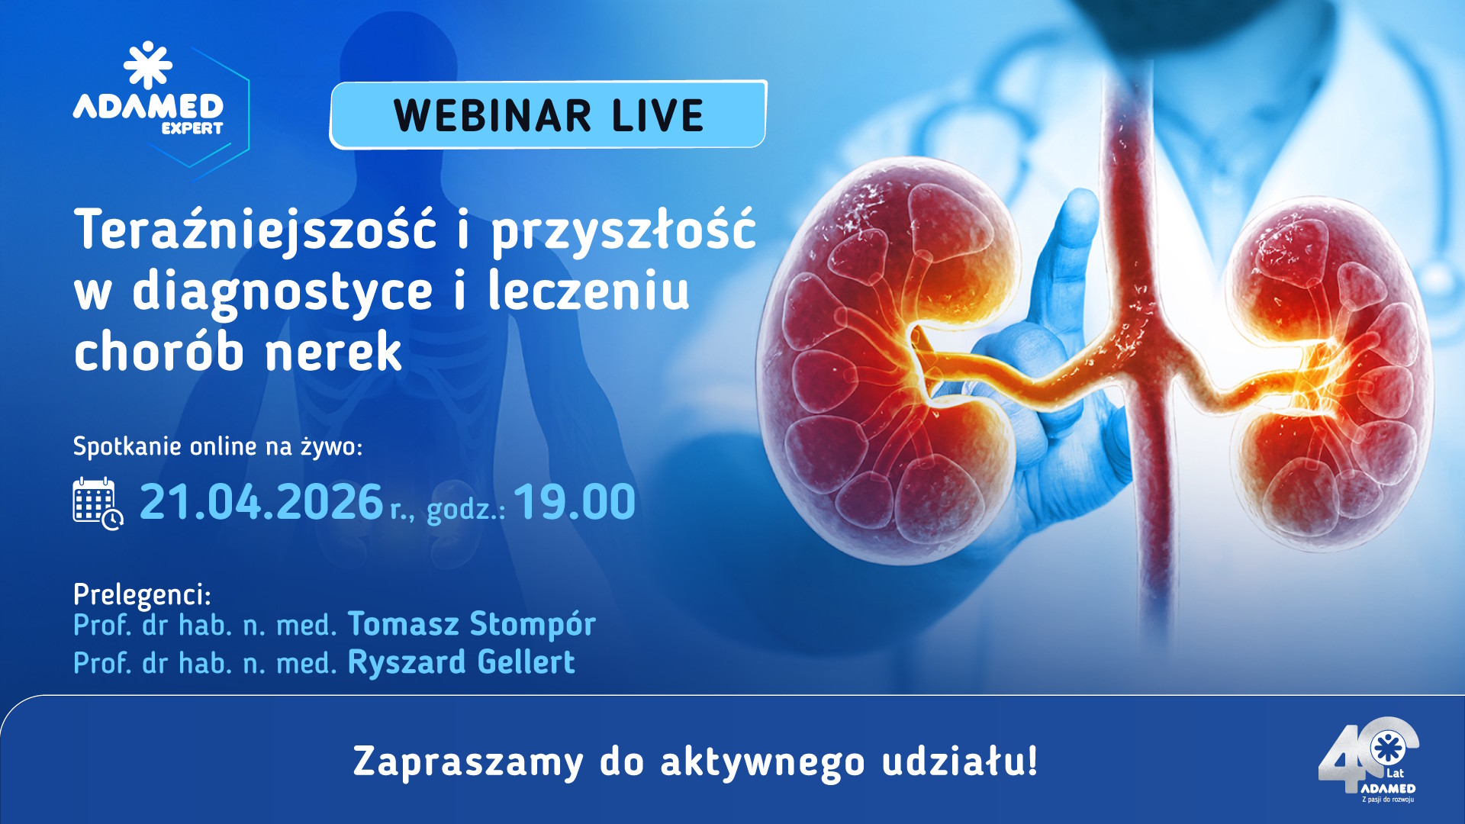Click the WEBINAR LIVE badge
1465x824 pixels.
[548, 114]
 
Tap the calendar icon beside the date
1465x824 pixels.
[97, 503]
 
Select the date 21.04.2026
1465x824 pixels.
[261, 503]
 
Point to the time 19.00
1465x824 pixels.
[575, 503]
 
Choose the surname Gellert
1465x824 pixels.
[526, 662]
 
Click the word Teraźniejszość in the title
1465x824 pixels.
[256, 230]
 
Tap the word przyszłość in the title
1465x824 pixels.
[623, 230]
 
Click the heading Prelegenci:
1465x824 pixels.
[142, 594]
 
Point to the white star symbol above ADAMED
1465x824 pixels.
[148, 65]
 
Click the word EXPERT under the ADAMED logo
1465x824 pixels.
[192, 128]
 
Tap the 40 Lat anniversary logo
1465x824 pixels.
[1370, 759]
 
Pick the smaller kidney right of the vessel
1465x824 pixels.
[1331, 374]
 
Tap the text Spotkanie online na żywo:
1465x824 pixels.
[217, 446]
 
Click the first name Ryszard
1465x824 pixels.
[407, 662]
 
